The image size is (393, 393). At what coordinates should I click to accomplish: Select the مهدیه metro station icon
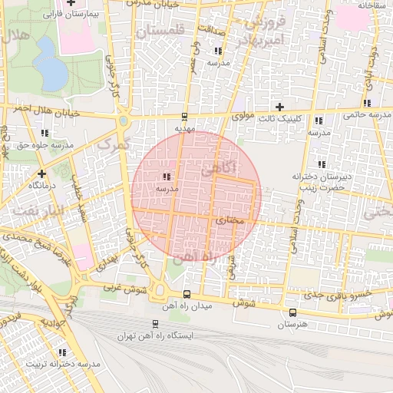[183, 117]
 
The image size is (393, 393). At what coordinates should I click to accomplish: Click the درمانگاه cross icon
[41, 173]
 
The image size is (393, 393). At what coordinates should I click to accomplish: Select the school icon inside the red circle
[167, 177]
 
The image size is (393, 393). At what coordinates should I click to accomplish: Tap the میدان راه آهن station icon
[187, 295]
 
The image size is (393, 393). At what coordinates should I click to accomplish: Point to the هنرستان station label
[292, 325]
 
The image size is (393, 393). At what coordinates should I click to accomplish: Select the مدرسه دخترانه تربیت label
[62, 365]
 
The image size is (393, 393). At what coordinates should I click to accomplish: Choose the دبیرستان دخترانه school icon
[323, 164]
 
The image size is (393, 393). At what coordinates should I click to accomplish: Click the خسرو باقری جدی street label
[339, 295]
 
